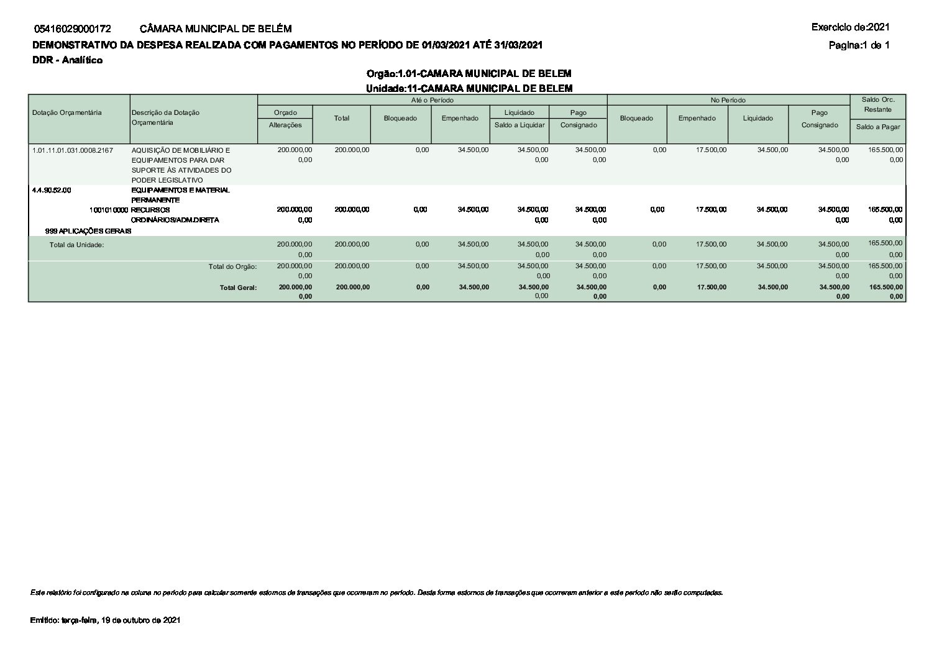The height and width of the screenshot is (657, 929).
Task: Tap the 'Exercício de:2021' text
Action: [x=850, y=27]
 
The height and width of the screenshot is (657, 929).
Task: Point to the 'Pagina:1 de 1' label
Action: [x=859, y=45]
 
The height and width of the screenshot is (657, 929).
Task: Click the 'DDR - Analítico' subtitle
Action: [x=67, y=60]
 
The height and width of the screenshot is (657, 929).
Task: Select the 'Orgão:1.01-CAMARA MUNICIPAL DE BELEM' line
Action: [x=469, y=74]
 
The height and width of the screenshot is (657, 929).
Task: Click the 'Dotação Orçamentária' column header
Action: [x=66, y=112]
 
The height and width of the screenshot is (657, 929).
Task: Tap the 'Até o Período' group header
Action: [x=432, y=100]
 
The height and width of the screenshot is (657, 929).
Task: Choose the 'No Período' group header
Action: [x=728, y=100]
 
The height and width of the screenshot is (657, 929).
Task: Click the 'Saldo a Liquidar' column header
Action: [x=519, y=125]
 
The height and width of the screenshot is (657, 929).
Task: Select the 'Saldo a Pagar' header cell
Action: [x=877, y=127]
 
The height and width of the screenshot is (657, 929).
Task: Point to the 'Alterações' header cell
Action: [x=285, y=125]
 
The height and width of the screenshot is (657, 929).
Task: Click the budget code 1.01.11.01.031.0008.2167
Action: [x=72, y=150]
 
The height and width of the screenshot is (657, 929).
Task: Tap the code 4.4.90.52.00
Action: [x=52, y=190]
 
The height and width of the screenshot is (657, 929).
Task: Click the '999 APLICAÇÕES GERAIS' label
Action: [x=88, y=230]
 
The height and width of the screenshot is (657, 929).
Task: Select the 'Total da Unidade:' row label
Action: [x=76, y=245]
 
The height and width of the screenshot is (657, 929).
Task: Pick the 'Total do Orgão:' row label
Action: [x=232, y=266]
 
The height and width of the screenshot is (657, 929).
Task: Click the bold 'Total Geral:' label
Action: [x=238, y=288]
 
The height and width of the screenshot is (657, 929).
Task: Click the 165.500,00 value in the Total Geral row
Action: [x=886, y=287]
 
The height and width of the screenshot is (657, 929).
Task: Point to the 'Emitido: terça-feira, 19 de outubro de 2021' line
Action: [x=105, y=620]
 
